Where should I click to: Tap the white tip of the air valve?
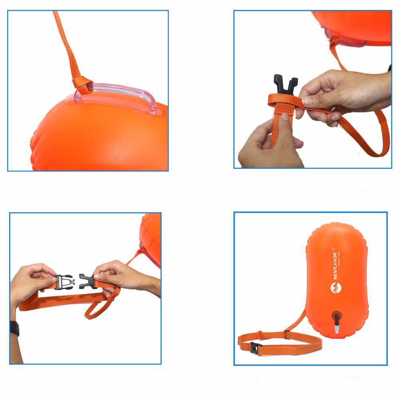[336, 331]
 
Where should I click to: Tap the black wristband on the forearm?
[14, 328]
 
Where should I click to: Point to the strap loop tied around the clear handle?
[82, 85]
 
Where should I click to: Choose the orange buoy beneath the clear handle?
[100, 136]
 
